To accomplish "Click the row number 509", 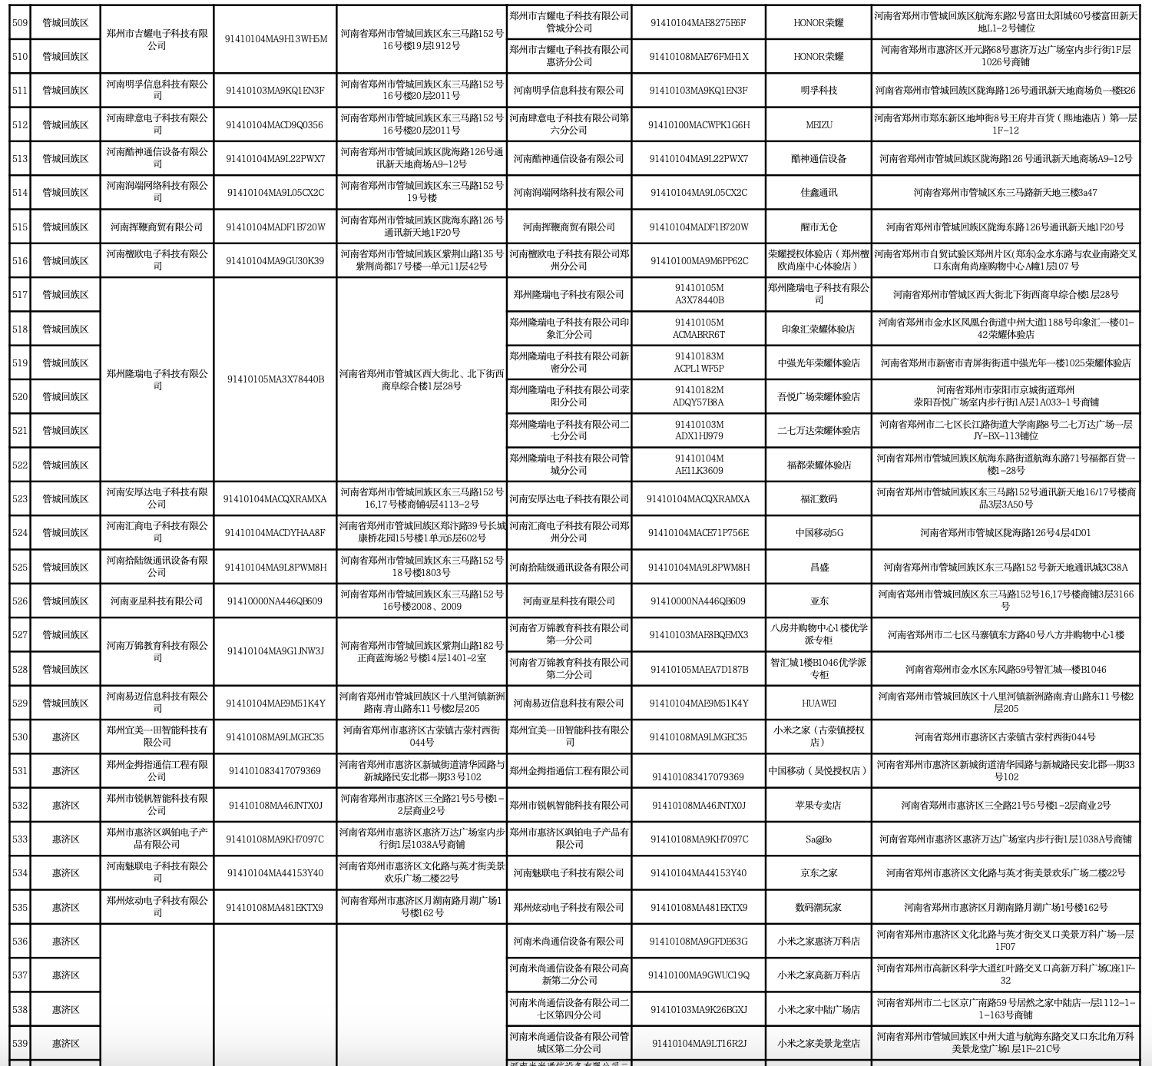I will click(x=19, y=22).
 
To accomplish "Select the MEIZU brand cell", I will click(x=819, y=124).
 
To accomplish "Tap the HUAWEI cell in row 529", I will click(x=819, y=703).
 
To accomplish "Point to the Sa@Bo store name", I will click(x=819, y=839).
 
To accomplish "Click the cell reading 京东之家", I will click(x=819, y=873).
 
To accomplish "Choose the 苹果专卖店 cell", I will click(x=819, y=805).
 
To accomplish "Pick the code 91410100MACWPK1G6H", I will click(x=698, y=124).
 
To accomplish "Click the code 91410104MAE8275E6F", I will click(x=698, y=22).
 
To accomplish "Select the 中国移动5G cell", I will click(x=819, y=532).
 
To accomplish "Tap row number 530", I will click(x=19, y=737).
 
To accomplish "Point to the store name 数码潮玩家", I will click(x=819, y=907).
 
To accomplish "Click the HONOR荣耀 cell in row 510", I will click(x=819, y=56).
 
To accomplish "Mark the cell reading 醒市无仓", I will click(x=819, y=227).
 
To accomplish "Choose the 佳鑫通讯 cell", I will click(x=819, y=192).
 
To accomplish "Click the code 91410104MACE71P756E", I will click(x=698, y=532).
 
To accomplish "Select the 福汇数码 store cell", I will click(x=819, y=498).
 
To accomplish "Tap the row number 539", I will click(x=19, y=1043).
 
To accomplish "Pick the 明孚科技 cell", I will click(x=819, y=90).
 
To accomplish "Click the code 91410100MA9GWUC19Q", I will click(x=698, y=975).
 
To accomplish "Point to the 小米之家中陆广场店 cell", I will click(x=819, y=1009).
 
